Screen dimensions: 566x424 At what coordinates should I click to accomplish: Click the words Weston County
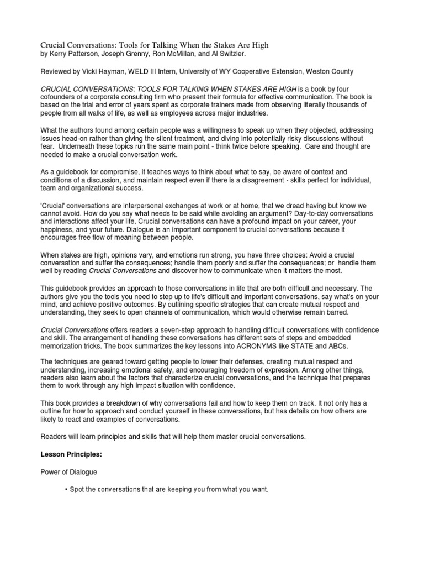point(331,72)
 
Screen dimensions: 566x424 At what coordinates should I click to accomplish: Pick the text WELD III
point(151,72)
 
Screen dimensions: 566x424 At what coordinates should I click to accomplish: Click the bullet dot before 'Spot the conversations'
point(66,490)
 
